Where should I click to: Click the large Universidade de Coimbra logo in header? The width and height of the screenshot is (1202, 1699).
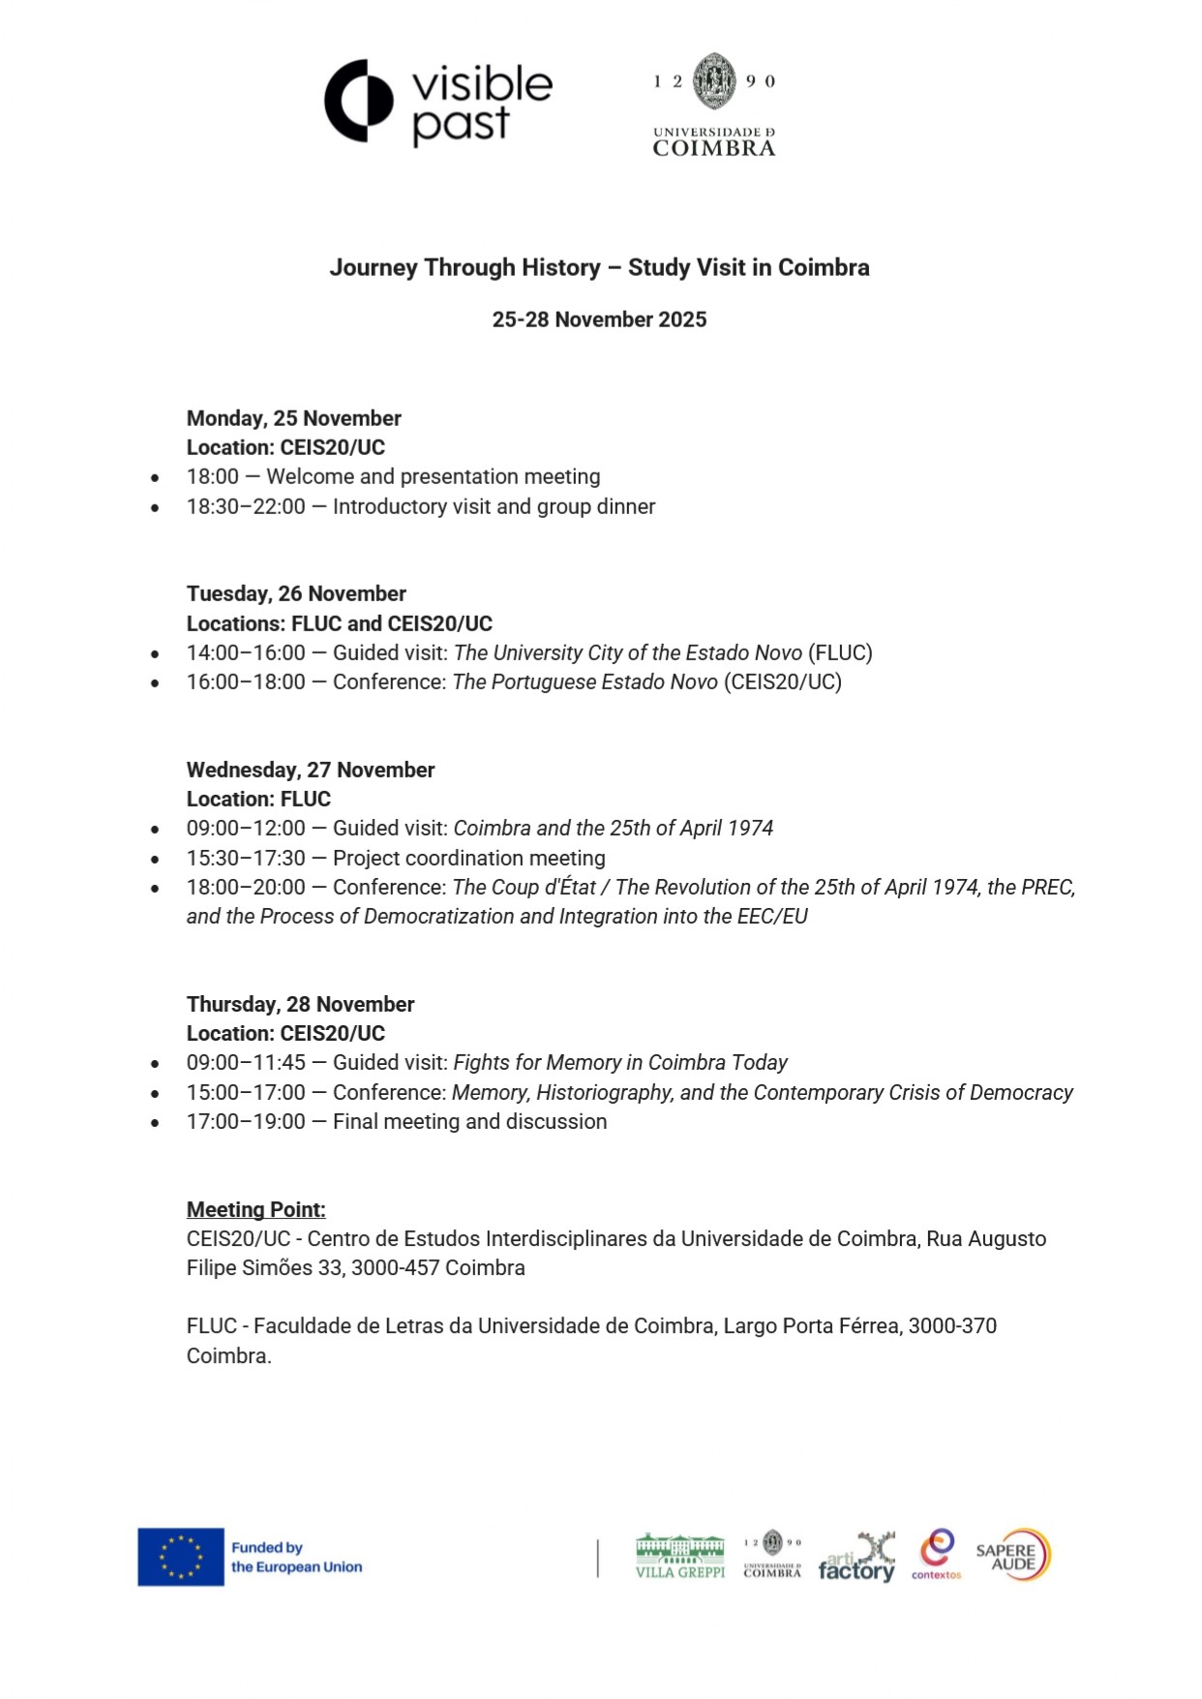pyautogui.click(x=714, y=105)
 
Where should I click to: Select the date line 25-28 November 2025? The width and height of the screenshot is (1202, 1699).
pyautogui.click(x=599, y=319)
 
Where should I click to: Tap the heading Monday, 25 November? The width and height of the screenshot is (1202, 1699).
pyautogui.click(x=293, y=418)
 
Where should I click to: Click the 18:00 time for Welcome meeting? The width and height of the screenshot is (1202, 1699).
pyautogui.click(x=212, y=476)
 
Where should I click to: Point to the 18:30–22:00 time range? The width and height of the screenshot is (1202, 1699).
pyautogui.click(x=246, y=506)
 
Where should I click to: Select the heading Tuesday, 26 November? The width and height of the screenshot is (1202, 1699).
pyautogui.click(x=296, y=593)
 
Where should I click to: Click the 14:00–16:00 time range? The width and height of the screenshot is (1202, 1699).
pyautogui.click(x=246, y=652)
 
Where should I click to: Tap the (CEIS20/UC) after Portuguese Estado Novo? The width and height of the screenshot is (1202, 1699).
pyautogui.click(x=783, y=682)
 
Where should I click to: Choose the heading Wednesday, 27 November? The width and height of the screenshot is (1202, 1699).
pyautogui.click(x=310, y=770)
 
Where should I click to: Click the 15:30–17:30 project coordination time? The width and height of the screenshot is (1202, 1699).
pyautogui.click(x=246, y=858)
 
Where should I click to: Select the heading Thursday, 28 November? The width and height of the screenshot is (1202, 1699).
pyautogui.click(x=300, y=1004)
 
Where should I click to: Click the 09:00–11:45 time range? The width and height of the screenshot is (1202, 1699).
pyautogui.click(x=246, y=1062)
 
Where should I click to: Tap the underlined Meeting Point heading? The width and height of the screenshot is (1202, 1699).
pyautogui.click(x=255, y=1209)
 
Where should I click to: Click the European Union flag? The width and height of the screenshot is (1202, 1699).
pyautogui.click(x=181, y=1557)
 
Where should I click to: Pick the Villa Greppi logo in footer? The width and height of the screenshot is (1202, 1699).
pyautogui.click(x=679, y=1556)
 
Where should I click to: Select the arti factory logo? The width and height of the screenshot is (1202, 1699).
pyautogui.click(x=856, y=1556)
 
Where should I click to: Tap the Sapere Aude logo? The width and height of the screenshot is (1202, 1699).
pyautogui.click(x=1012, y=1554)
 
